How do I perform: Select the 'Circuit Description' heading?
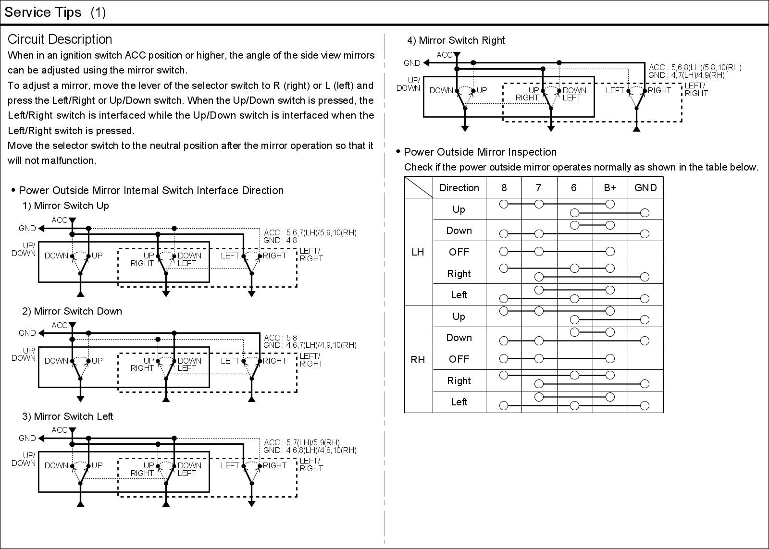pos(60,39)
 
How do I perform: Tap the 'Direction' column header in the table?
pos(459,188)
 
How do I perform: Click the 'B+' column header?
pos(610,188)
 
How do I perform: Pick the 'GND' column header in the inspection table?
pos(645,188)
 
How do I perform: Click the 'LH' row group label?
pos(418,252)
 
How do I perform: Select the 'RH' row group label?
pos(418,359)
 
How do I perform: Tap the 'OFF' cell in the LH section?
pos(459,252)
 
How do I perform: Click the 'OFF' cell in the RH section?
pos(459,359)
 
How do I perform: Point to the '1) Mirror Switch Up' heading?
pos(65,206)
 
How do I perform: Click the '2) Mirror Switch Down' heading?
pos(72,311)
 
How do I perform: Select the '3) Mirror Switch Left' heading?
pos(68,416)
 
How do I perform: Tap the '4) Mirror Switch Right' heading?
pos(456,40)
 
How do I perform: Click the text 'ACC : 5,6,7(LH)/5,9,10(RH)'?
pos(310,233)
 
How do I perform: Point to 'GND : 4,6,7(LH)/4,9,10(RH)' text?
pos(310,345)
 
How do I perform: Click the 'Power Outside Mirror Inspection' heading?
pos(480,152)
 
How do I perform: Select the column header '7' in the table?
pos(538,188)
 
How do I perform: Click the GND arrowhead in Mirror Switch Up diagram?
pos(41,228)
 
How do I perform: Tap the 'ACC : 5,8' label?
pos(280,338)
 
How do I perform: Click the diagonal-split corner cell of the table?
pos(418,188)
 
